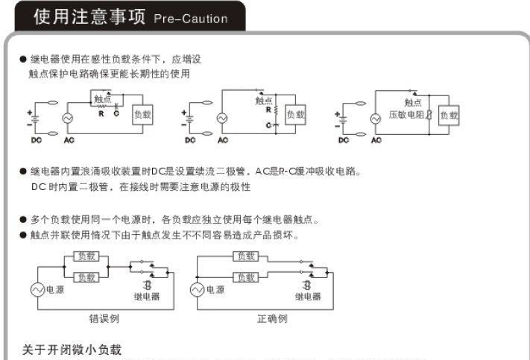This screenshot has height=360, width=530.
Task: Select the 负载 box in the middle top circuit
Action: click(295, 114)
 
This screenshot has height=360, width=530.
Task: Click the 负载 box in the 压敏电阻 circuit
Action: click(449, 115)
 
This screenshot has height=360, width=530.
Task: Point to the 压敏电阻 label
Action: click(406, 115)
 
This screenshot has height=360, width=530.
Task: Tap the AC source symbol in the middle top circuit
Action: click(222, 118)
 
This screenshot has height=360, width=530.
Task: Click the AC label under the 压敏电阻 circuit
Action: click(376, 139)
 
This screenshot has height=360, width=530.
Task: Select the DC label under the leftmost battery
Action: click(37, 139)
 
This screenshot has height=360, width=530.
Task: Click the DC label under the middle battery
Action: click(190, 139)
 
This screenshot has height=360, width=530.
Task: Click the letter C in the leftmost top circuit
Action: click(116, 114)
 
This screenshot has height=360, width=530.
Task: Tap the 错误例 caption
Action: click(104, 318)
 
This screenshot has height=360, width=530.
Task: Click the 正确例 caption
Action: click(272, 318)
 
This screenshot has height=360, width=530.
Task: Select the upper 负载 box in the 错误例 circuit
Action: click(87, 256)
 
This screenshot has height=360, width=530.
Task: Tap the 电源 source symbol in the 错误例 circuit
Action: click(36, 290)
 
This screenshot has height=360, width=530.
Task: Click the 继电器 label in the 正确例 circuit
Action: click(308, 296)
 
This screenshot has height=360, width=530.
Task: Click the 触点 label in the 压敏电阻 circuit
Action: click(413, 103)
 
